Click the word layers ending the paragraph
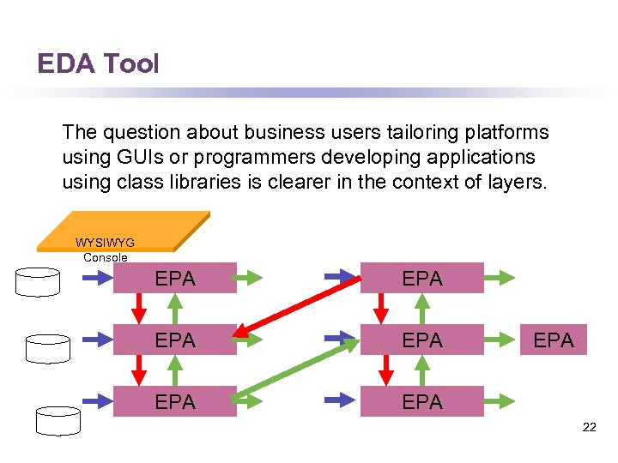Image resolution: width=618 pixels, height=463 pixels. point(515,183)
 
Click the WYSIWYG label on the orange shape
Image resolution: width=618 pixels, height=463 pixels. point(105,243)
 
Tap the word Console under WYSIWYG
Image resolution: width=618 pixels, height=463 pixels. point(105,257)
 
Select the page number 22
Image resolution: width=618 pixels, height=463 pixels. point(589,426)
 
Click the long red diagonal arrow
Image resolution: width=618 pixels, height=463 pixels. point(298,303)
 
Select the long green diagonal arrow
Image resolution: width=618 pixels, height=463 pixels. point(296,370)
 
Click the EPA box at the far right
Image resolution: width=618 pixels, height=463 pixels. point(554,340)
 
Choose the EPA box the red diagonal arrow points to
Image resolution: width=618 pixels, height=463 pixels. point(175,340)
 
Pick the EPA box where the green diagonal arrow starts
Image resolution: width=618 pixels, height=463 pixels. point(175,402)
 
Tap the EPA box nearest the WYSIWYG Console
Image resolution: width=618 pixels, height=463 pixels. point(175,279)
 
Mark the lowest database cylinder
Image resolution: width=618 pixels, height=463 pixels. point(58,420)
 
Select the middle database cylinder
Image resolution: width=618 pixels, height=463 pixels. point(47,348)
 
